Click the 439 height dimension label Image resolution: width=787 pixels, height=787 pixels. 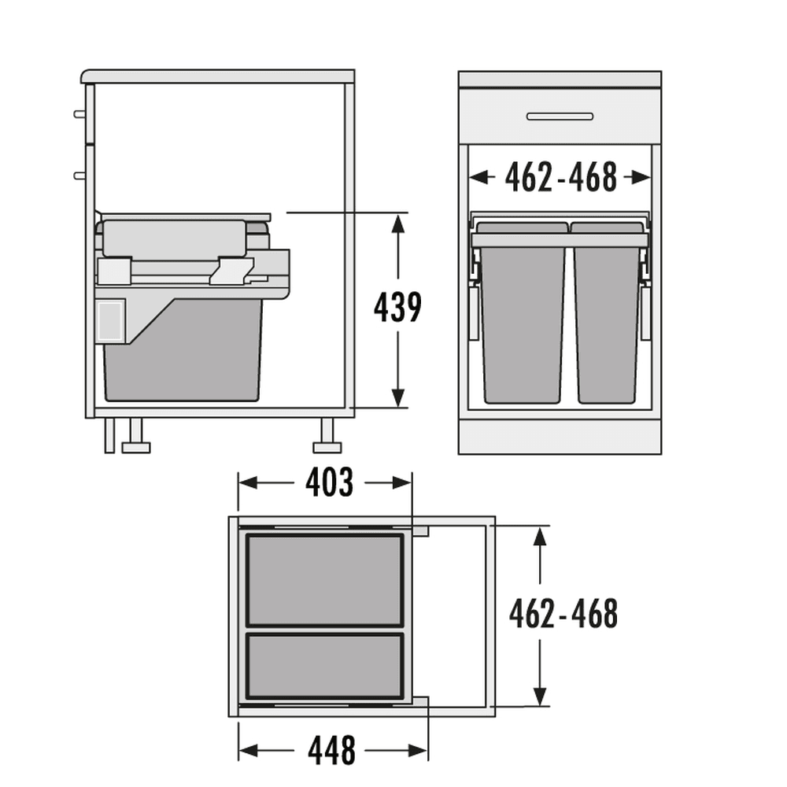point(397,307)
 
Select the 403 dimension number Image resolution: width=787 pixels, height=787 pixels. point(329,482)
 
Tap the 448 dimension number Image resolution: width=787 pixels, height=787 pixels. point(332,750)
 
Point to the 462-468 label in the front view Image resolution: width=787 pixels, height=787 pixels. point(560,177)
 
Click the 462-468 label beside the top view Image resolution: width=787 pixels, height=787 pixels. point(563,613)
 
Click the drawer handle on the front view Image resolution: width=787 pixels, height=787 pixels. point(560,116)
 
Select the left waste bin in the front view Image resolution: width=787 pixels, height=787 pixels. point(522,312)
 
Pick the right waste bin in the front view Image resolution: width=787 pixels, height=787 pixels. point(608,312)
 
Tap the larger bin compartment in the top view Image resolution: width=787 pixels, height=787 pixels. point(325,580)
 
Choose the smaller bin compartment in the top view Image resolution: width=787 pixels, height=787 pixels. point(325,666)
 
